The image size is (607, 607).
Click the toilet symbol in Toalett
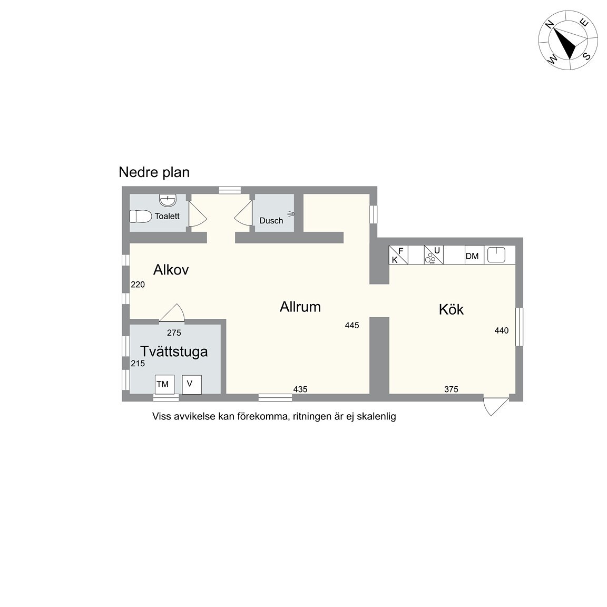(x=140, y=217)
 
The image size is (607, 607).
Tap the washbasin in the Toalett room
(x=168, y=200)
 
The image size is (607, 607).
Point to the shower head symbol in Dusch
(x=291, y=213)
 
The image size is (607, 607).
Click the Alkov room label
(x=171, y=269)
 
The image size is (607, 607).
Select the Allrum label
(x=300, y=307)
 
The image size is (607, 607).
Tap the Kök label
(x=451, y=309)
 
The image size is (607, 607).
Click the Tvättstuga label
(x=174, y=351)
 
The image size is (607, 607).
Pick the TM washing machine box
(x=164, y=385)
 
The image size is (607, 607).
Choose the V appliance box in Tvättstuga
(x=192, y=385)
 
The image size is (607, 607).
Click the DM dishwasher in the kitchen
(x=474, y=256)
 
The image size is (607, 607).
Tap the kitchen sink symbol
(x=496, y=255)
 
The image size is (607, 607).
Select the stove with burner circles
(x=434, y=255)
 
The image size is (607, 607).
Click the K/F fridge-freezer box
(x=398, y=255)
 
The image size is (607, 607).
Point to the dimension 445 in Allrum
(x=352, y=325)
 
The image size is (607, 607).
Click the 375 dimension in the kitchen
(x=451, y=389)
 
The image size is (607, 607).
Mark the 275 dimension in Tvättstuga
(x=174, y=332)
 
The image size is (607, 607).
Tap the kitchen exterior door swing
(x=495, y=406)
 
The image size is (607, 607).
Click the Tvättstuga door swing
(x=172, y=313)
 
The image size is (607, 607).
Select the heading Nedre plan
(x=154, y=172)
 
